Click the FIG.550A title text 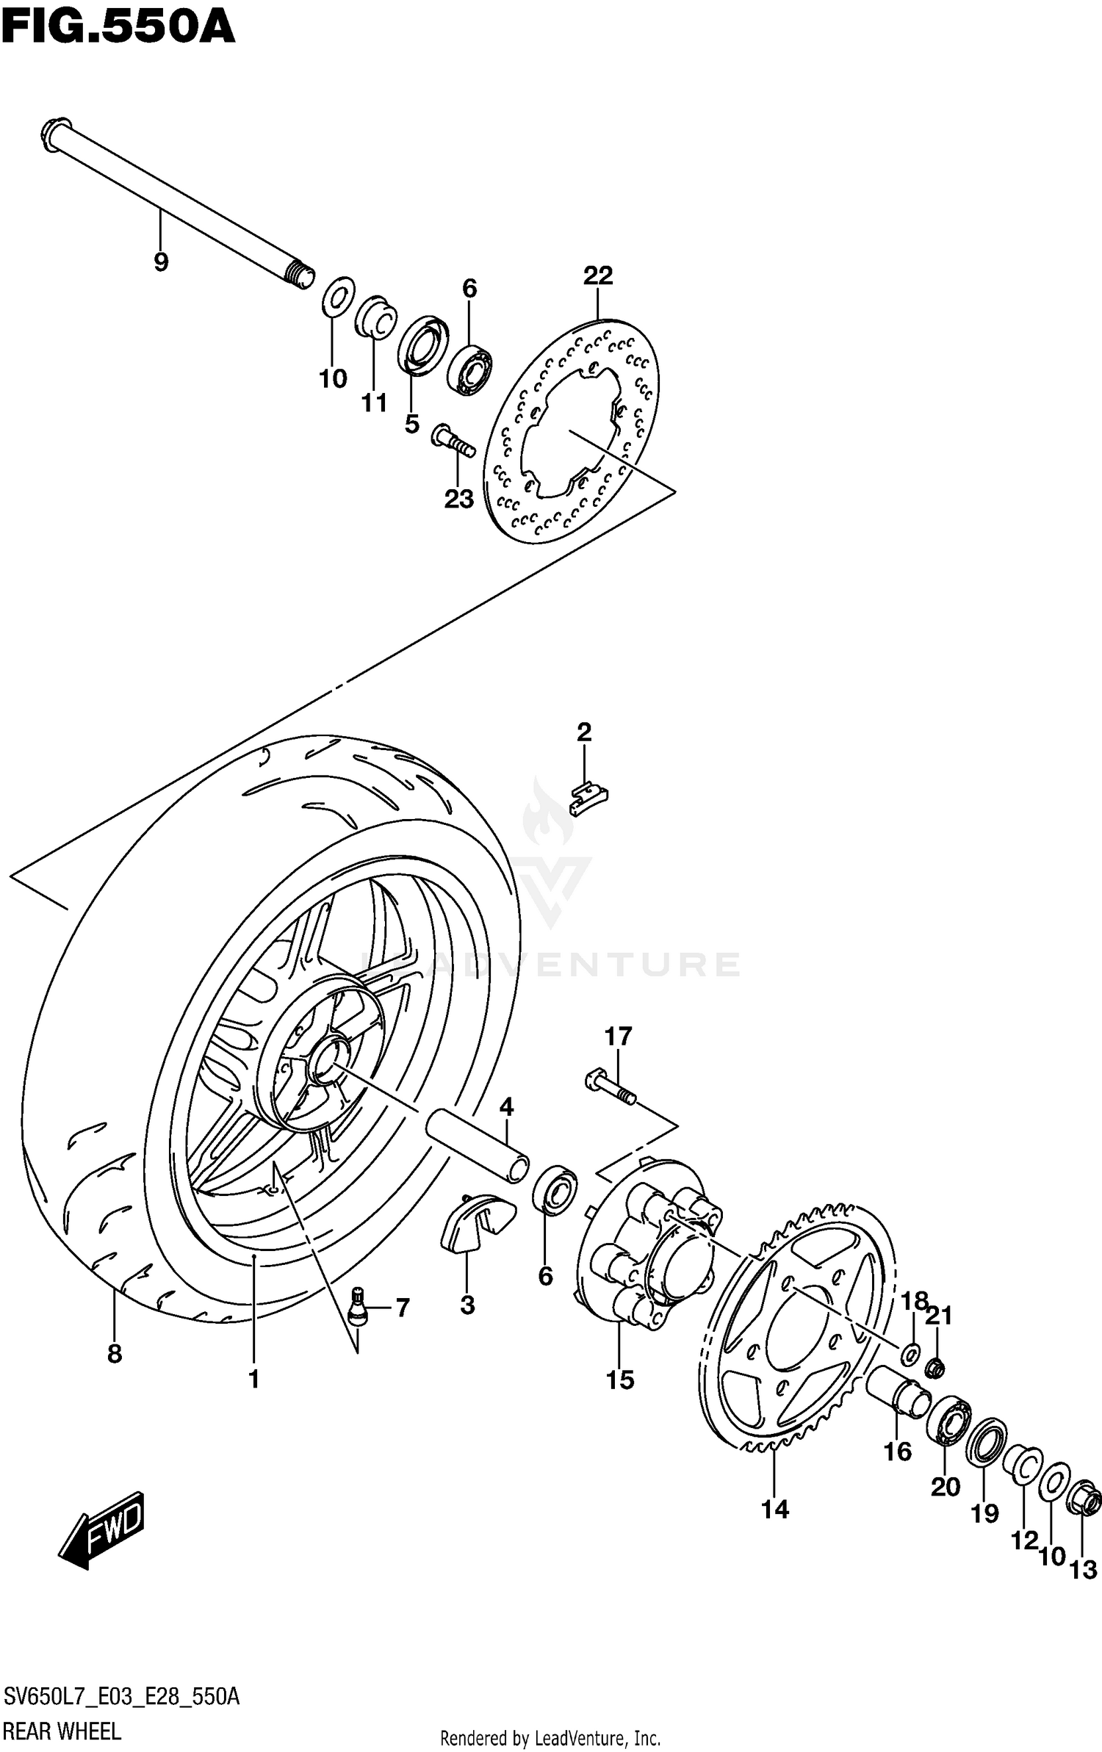click(x=118, y=28)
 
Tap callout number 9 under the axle click(x=161, y=262)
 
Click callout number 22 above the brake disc click(x=598, y=275)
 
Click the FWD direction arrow click(x=103, y=1529)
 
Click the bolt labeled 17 click(x=609, y=1089)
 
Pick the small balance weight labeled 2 click(x=589, y=799)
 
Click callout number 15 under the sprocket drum click(x=619, y=1381)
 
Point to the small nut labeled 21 click(x=935, y=1368)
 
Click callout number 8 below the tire click(x=115, y=1354)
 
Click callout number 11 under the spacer click(x=374, y=403)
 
